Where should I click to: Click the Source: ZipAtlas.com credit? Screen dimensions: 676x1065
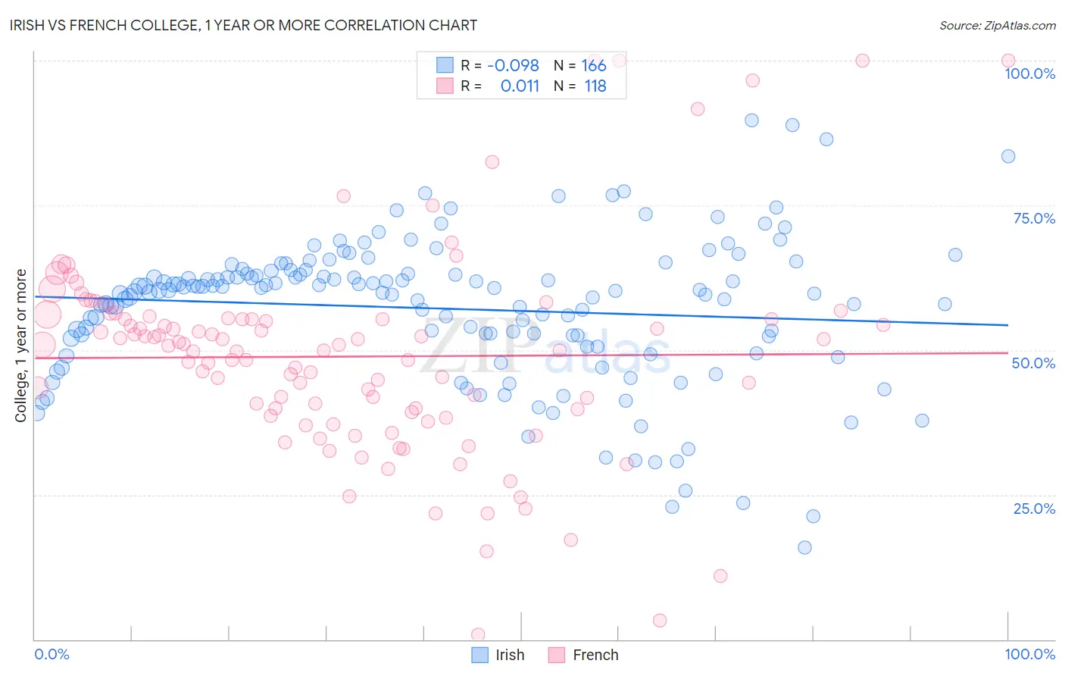(997, 25)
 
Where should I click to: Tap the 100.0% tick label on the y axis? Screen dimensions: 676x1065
(1029, 74)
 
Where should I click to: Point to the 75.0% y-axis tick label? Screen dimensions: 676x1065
(1034, 218)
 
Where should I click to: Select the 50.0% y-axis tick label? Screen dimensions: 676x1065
(1033, 363)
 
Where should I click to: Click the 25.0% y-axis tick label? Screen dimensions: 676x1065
(1034, 509)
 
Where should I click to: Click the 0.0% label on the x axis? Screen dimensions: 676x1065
(52, 654)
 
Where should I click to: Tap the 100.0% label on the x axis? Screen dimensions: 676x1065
(1029, 654)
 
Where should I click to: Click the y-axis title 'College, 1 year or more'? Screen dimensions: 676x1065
(21, 346)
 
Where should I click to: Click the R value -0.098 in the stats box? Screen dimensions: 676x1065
(513, 66)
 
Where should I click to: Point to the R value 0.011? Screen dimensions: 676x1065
(520, 86)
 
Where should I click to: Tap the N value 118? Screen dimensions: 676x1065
(595, 86)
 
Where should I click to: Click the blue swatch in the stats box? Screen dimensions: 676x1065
(445, 65)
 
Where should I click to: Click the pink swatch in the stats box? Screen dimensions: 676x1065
(445, 86)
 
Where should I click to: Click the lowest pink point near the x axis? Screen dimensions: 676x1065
(478, 634)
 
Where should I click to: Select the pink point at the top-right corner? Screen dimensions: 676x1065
(1007, 61)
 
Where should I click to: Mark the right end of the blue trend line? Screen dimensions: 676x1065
(1007, 324)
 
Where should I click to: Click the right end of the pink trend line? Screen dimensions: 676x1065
(1007, 352)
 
